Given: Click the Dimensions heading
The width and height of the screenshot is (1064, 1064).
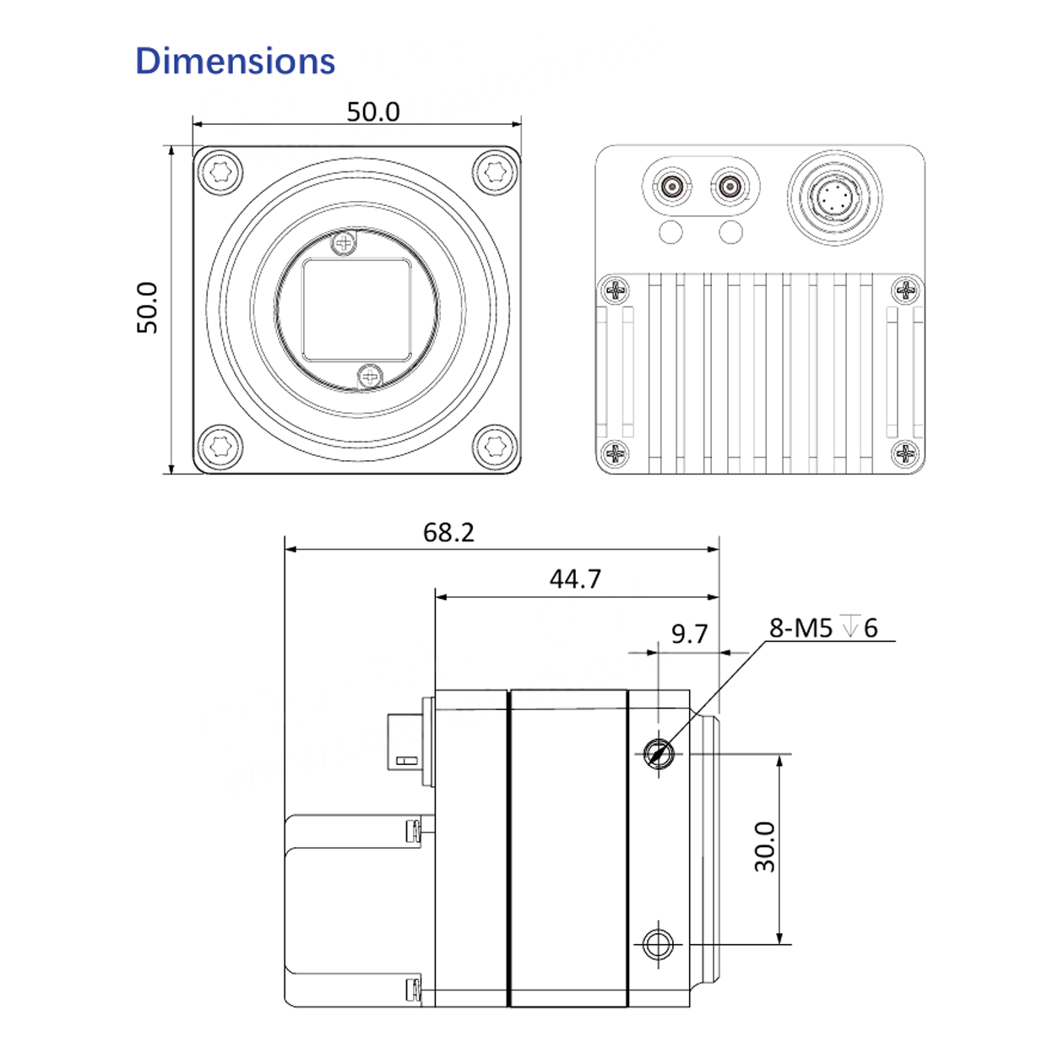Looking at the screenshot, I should [235, 62].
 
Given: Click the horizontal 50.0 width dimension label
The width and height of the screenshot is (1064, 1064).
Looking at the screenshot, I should [372, 111].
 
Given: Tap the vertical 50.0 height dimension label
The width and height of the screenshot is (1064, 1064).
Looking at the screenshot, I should [148, 307].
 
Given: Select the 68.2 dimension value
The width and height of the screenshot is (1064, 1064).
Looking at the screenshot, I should [448, 532].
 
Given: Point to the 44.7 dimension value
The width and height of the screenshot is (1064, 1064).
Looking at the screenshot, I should [575, 579].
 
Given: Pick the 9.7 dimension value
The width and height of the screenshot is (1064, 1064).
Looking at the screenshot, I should [689, 634].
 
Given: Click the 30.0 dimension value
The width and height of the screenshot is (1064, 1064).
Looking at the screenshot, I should [765, 847].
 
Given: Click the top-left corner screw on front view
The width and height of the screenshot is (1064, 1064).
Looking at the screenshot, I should [220, 173].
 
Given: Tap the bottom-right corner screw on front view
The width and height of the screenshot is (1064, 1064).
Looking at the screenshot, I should [495, 446].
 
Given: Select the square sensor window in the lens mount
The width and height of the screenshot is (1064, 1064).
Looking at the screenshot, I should [356, 309].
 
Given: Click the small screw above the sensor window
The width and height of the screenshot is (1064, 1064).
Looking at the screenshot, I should [344, 244].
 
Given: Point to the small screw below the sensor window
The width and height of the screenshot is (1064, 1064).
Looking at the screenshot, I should [370, 376].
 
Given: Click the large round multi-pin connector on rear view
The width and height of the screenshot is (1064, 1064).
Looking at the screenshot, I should [834, 198].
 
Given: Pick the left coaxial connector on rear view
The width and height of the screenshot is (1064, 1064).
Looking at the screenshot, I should [673, 187].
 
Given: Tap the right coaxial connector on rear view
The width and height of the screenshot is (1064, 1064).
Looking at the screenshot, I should [729, 187].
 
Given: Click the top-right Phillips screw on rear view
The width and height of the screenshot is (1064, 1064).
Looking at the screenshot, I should [906, 291].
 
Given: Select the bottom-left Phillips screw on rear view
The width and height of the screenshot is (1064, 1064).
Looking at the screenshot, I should [616, 453].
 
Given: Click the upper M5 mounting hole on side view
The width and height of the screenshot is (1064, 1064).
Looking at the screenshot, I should [658, 752].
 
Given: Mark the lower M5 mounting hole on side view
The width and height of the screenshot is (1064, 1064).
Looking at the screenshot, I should [658, 943].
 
